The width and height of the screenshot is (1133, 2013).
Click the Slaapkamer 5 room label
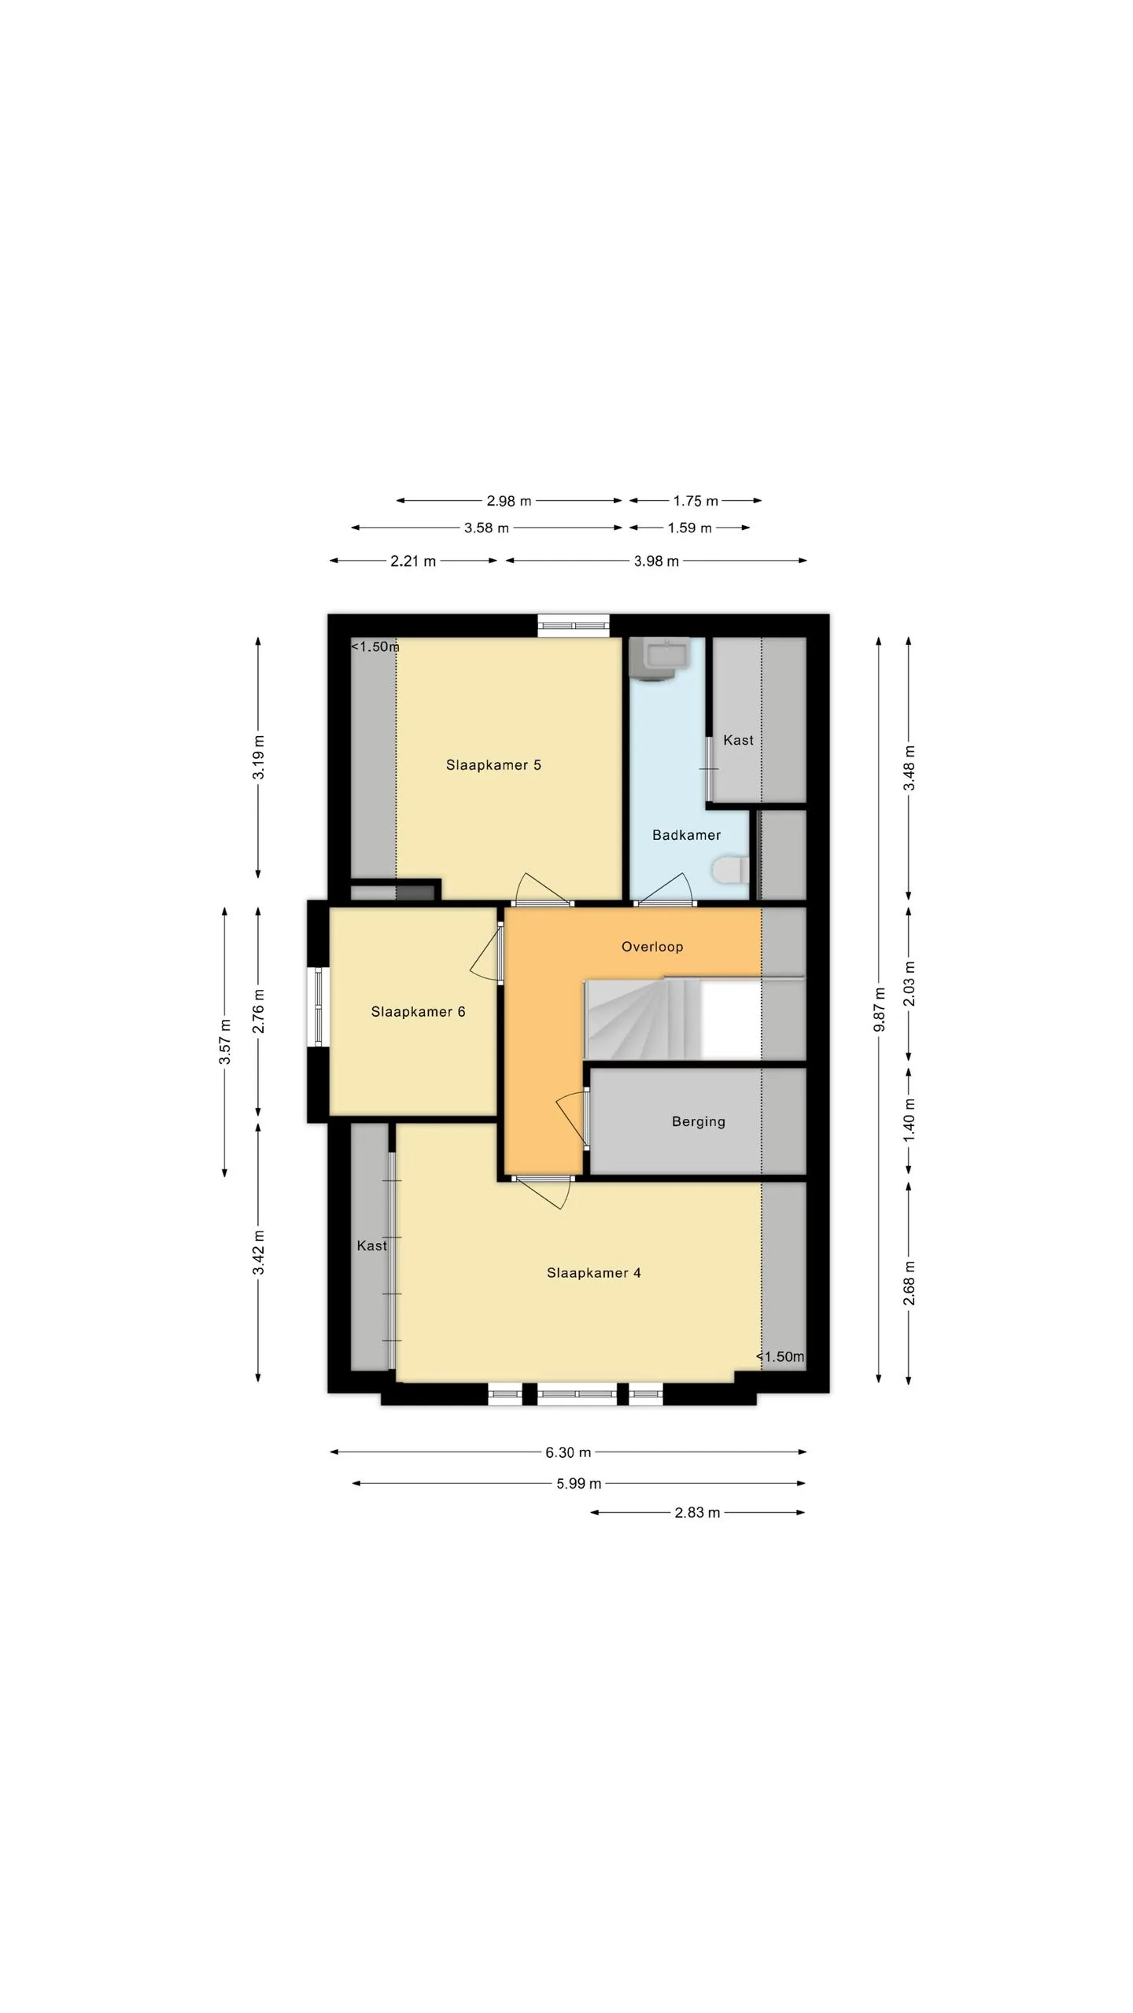(493, 764)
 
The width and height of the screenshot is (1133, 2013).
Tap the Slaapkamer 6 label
(418, 1011)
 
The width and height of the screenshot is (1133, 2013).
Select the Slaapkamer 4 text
(594, 1272)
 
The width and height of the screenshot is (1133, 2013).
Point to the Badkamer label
(686, 835)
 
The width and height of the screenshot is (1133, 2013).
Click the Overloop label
(652, 947)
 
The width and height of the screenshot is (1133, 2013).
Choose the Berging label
(699, 1122)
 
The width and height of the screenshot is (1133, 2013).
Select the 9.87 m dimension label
(879, 1010)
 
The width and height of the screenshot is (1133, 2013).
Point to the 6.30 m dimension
(568, 1452)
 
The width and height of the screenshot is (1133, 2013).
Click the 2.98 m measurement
(508, 501)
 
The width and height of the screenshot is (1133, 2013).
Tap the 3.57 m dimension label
(225, 1043)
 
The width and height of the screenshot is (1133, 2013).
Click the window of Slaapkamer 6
(319, 1006)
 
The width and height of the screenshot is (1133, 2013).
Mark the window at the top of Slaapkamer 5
(574, 626)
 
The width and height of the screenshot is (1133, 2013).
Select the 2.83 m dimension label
(697, 1513)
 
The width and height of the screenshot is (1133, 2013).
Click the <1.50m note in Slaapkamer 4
(781, 1356)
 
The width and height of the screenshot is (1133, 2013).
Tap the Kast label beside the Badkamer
(738, 740)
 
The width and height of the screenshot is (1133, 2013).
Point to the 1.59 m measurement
(689, 528)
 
